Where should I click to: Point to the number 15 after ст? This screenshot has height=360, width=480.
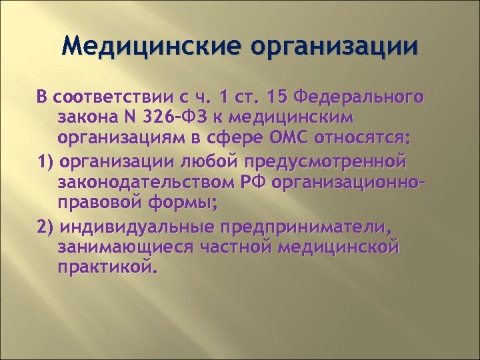click(277, 98)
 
